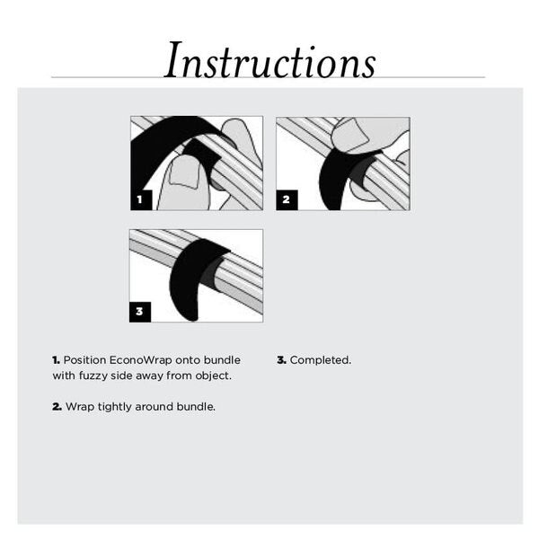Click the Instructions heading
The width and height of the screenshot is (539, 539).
coord(269,60)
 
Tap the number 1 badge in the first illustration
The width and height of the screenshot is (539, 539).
coord(140,199)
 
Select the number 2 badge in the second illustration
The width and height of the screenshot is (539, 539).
coord(286,199)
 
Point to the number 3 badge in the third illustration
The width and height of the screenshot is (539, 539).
coord(139,312)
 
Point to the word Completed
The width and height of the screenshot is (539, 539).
coord(321,359)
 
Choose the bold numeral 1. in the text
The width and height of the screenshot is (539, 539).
coord(56,359)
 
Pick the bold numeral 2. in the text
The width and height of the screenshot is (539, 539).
coord(57,407)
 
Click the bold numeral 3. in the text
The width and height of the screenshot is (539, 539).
coord(281,359)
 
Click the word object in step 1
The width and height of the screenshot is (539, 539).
coord(213,376)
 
